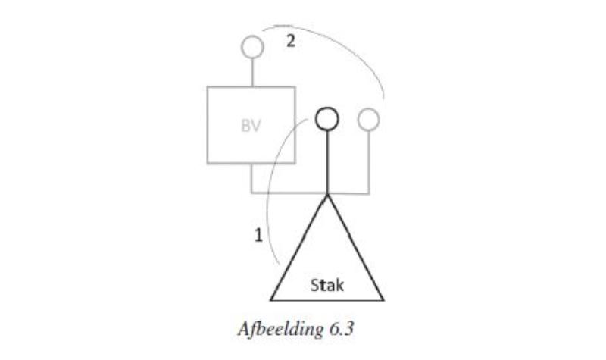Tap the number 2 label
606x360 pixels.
pyautogui.click(x=291, y=41)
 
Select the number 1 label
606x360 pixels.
pyautogui.click(x=258, y=235)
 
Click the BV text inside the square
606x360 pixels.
pyautogui.click(x=251, y=126)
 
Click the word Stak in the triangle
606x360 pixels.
pyautogui.click(x=327, y=286)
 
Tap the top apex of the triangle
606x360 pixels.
pyautogui.click(x=327, y=196)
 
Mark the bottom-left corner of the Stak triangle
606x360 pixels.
pyautogui.click(x=271, y=299)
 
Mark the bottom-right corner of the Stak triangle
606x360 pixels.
pyautogui.click(x=383, y=299)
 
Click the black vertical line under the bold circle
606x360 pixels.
pyautogui.click(x=327, y=162)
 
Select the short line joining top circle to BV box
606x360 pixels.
pyautogui.click(x=252, y=73)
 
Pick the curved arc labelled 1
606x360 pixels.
pyautogui.click(x=270, y=182)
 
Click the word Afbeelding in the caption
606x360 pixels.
pyautogui.click(x=280, y=330)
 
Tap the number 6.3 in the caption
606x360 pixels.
pyautogui.click(x=342, y=329)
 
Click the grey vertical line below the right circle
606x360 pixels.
pyautogui.click(x=369, y=161)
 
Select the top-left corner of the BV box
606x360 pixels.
pyautogui.click(x=208, y=87)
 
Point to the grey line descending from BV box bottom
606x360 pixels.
pyautogui.click(x=251, y=178)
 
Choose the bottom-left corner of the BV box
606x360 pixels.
pyautogui.click(x=208, y=163)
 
